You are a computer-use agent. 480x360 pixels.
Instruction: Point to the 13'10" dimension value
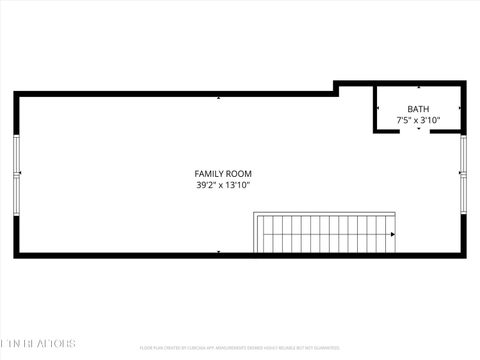[x=236, y=185]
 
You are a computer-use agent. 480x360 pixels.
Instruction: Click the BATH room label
[x=418, y=109]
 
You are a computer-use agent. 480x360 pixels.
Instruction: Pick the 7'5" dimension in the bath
[x=404, y=120]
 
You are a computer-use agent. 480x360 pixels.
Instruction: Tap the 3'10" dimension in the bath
[x=430, y=120]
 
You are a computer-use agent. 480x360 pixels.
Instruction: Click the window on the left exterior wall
[x=16, y=174]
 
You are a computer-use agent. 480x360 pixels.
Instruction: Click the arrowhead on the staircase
[x=392, y=233]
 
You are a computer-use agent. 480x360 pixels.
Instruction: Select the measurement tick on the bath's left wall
[x=377, y=108]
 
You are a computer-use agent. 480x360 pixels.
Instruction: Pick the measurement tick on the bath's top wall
[x=418, y=88]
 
